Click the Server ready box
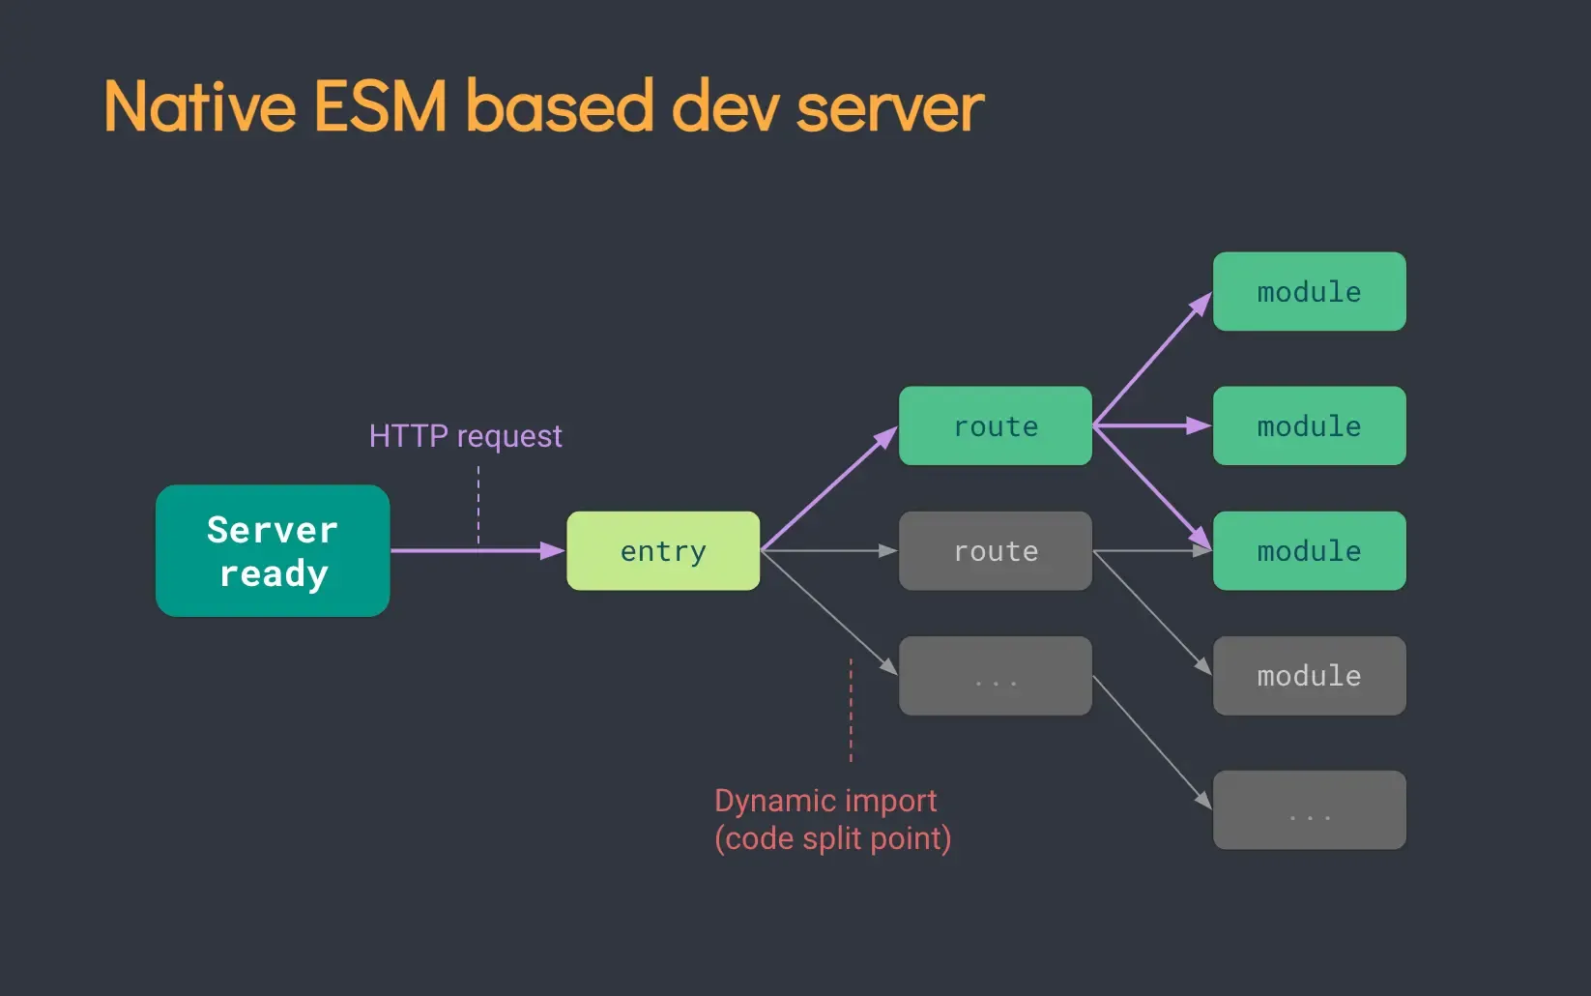coord(273,551)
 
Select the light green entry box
coord(663,551)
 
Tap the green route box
coord(996,426)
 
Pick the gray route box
coord(996,551)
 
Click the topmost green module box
coord(1309,292)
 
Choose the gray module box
coord(1309,676)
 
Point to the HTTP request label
coord(465,436)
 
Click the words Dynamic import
coord(825,801)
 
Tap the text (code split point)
coord(832,838)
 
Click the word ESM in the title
coord(380,106)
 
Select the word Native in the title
coord(200,106)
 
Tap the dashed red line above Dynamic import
coord(851,711)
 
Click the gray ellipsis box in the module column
coord(1309,810)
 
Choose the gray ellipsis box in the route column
coord(996,676)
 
